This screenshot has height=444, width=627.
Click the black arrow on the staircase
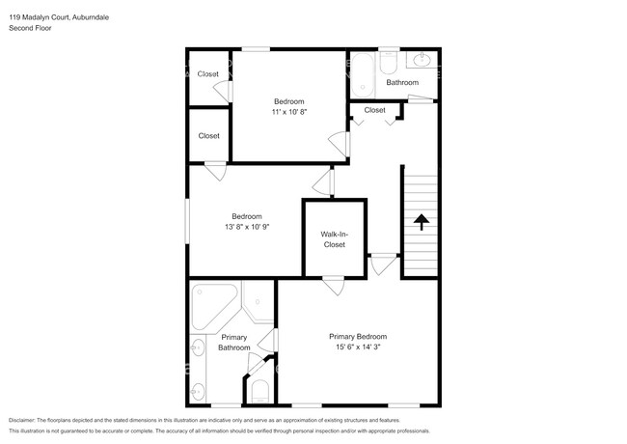pos(422,222)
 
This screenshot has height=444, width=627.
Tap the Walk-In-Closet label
pos(335,239)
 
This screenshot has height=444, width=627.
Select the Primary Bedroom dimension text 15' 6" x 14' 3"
pos(358,347)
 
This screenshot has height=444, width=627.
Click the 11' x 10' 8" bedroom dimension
pos(289,112)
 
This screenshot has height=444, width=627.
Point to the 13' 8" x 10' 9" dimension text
pos(247,227)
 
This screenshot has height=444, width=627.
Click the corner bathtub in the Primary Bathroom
pos(213,305)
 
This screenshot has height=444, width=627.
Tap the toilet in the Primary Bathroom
pos(259,392)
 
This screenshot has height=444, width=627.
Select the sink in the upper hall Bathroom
pos(422,60)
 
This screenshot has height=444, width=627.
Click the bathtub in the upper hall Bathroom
pos(363,74)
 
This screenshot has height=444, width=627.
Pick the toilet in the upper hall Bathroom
pos(389,63)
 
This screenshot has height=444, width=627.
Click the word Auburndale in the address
pos(91,17)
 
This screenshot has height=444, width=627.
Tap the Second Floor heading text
pos(30,28)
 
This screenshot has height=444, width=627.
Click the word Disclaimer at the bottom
pos(22,420)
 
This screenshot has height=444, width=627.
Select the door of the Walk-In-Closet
pos(334,285)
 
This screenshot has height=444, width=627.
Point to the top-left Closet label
pos(208,74)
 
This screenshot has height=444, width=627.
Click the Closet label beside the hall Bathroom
pos(374,110)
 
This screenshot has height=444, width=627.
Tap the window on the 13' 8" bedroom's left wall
pos(187,221)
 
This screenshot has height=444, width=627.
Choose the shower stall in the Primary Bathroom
pos(258,301)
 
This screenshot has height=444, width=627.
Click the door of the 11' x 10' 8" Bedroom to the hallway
pos(341,144)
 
